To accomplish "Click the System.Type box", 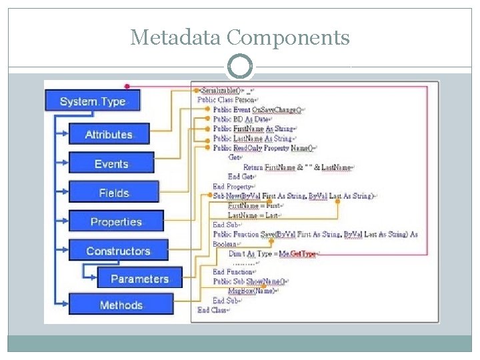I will click(x=92, y=101).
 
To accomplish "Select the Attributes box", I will click(x=109, y=134).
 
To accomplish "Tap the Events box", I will click(x=111, y=163).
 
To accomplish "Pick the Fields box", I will click(x=114, y=193).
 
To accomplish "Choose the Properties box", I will click(x=116, y=221).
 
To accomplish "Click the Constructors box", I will click(x=118, y=251).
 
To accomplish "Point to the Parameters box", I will click(x=139, y=279).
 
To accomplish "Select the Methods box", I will click(x=121, y=305).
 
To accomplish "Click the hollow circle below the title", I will click(x=240, y=67).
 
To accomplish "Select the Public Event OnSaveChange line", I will click(x=257, y=109).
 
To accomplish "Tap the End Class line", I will click(x=213, y=310).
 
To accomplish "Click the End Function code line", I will click(x=233, y=272).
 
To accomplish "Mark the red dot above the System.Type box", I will click(x=127, y=86).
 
